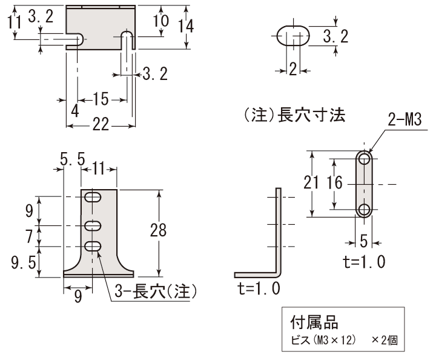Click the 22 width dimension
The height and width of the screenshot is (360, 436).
(x=101, y=124)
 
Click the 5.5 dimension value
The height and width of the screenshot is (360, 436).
(x=72, y=161)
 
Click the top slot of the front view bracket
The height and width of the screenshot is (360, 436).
(x=93, y=197)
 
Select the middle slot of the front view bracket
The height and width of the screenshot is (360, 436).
(x=93, y=225)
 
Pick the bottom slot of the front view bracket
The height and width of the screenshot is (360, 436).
(x=93, y=245)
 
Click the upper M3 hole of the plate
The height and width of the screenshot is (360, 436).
(x=364, y=159)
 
